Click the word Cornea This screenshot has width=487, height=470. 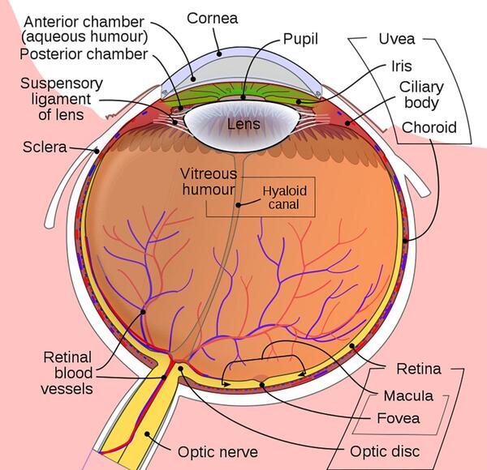pyautogui.click(x=213, y=19)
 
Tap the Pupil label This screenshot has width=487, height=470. pyautogui.click(x=300, y=40)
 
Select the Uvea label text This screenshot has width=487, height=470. pyautogui.click(x=397, y=39)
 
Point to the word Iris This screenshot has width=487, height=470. pyautogui.click(x=402, y=66)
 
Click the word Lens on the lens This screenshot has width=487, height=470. pyautogui.click(x=243, y=124)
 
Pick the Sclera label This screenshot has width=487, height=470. pyautogui.click(x=45, y=147)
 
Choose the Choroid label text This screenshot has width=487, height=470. pyautogui.click(x=429, y=127)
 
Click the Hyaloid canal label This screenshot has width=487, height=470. pyautogui.click(x=285, y=198)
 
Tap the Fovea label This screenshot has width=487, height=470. pyautogui.click(x=399, y=418)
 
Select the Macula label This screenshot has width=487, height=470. pyautogui.click(x=408, y=396)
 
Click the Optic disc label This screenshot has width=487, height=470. pyautogui.click(x=385, y=451)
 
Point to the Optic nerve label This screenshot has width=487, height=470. pyautogui.click(x=218, y=452)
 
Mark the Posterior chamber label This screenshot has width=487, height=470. pyautogui.click(x=84, y=54)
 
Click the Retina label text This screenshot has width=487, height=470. pyautogui.click(x=419, y=369)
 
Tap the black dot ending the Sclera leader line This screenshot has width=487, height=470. pyautogui.click(x=97, y=152)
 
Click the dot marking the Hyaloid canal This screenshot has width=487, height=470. pyautogui.click(x=238, y=205)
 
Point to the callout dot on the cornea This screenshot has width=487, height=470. pyautogui.click(x=219, y=54)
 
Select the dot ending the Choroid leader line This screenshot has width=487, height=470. pyautogui.click(x=405, y=241)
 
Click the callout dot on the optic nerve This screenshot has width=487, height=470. pyautogui.click(x=147, y=434)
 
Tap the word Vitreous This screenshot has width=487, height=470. pyautogui.click(x=209, y=174)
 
